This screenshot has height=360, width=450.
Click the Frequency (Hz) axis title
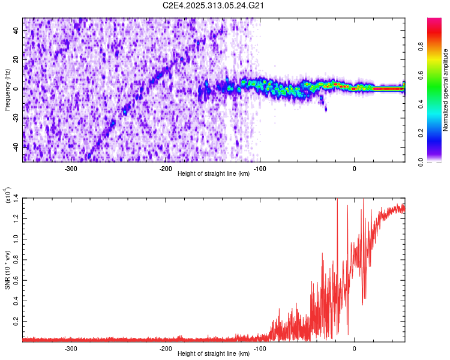[7, 90]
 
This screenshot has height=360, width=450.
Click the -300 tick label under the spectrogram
[71, 168]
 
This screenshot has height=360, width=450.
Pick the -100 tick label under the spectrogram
[260, 168]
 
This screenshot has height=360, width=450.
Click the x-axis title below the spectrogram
[214, 174]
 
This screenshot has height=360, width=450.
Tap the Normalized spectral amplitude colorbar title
[446, 90]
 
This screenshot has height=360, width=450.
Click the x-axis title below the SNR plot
[214, 354]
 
